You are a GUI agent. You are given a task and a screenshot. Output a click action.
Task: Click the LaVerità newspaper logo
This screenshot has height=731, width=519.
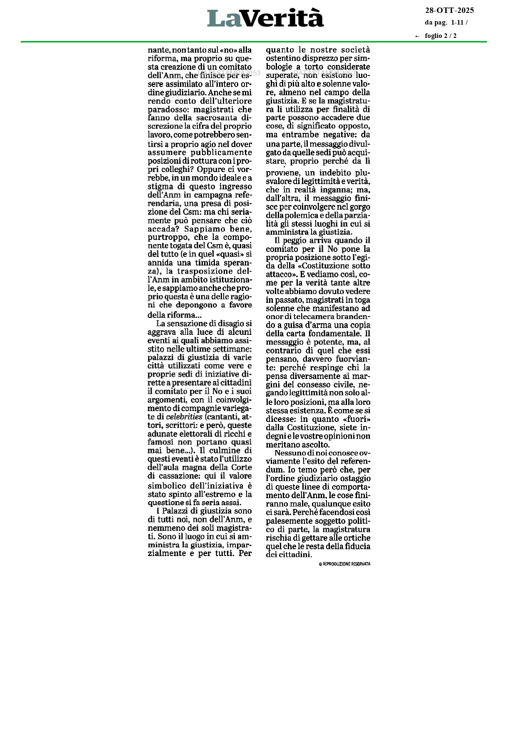(265, 18)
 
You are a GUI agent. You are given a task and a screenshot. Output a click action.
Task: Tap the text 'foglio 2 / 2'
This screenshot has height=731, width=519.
(440, 36)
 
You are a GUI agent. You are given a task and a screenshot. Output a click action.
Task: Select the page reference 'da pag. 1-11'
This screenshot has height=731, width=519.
(444, 23)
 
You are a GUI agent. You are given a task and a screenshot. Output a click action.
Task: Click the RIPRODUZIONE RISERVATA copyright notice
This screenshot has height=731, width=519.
(344, 564)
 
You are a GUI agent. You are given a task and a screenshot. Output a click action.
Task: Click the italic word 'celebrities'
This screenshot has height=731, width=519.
(184, 417)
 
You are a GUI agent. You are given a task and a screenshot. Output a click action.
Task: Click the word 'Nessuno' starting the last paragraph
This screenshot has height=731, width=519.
(289, 453)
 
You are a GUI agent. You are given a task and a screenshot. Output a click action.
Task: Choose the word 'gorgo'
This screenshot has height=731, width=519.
(360, 207)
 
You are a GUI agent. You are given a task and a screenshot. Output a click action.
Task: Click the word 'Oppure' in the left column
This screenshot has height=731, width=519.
(211, 169)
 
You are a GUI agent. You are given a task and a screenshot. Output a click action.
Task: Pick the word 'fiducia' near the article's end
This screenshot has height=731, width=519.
(357, 546)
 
